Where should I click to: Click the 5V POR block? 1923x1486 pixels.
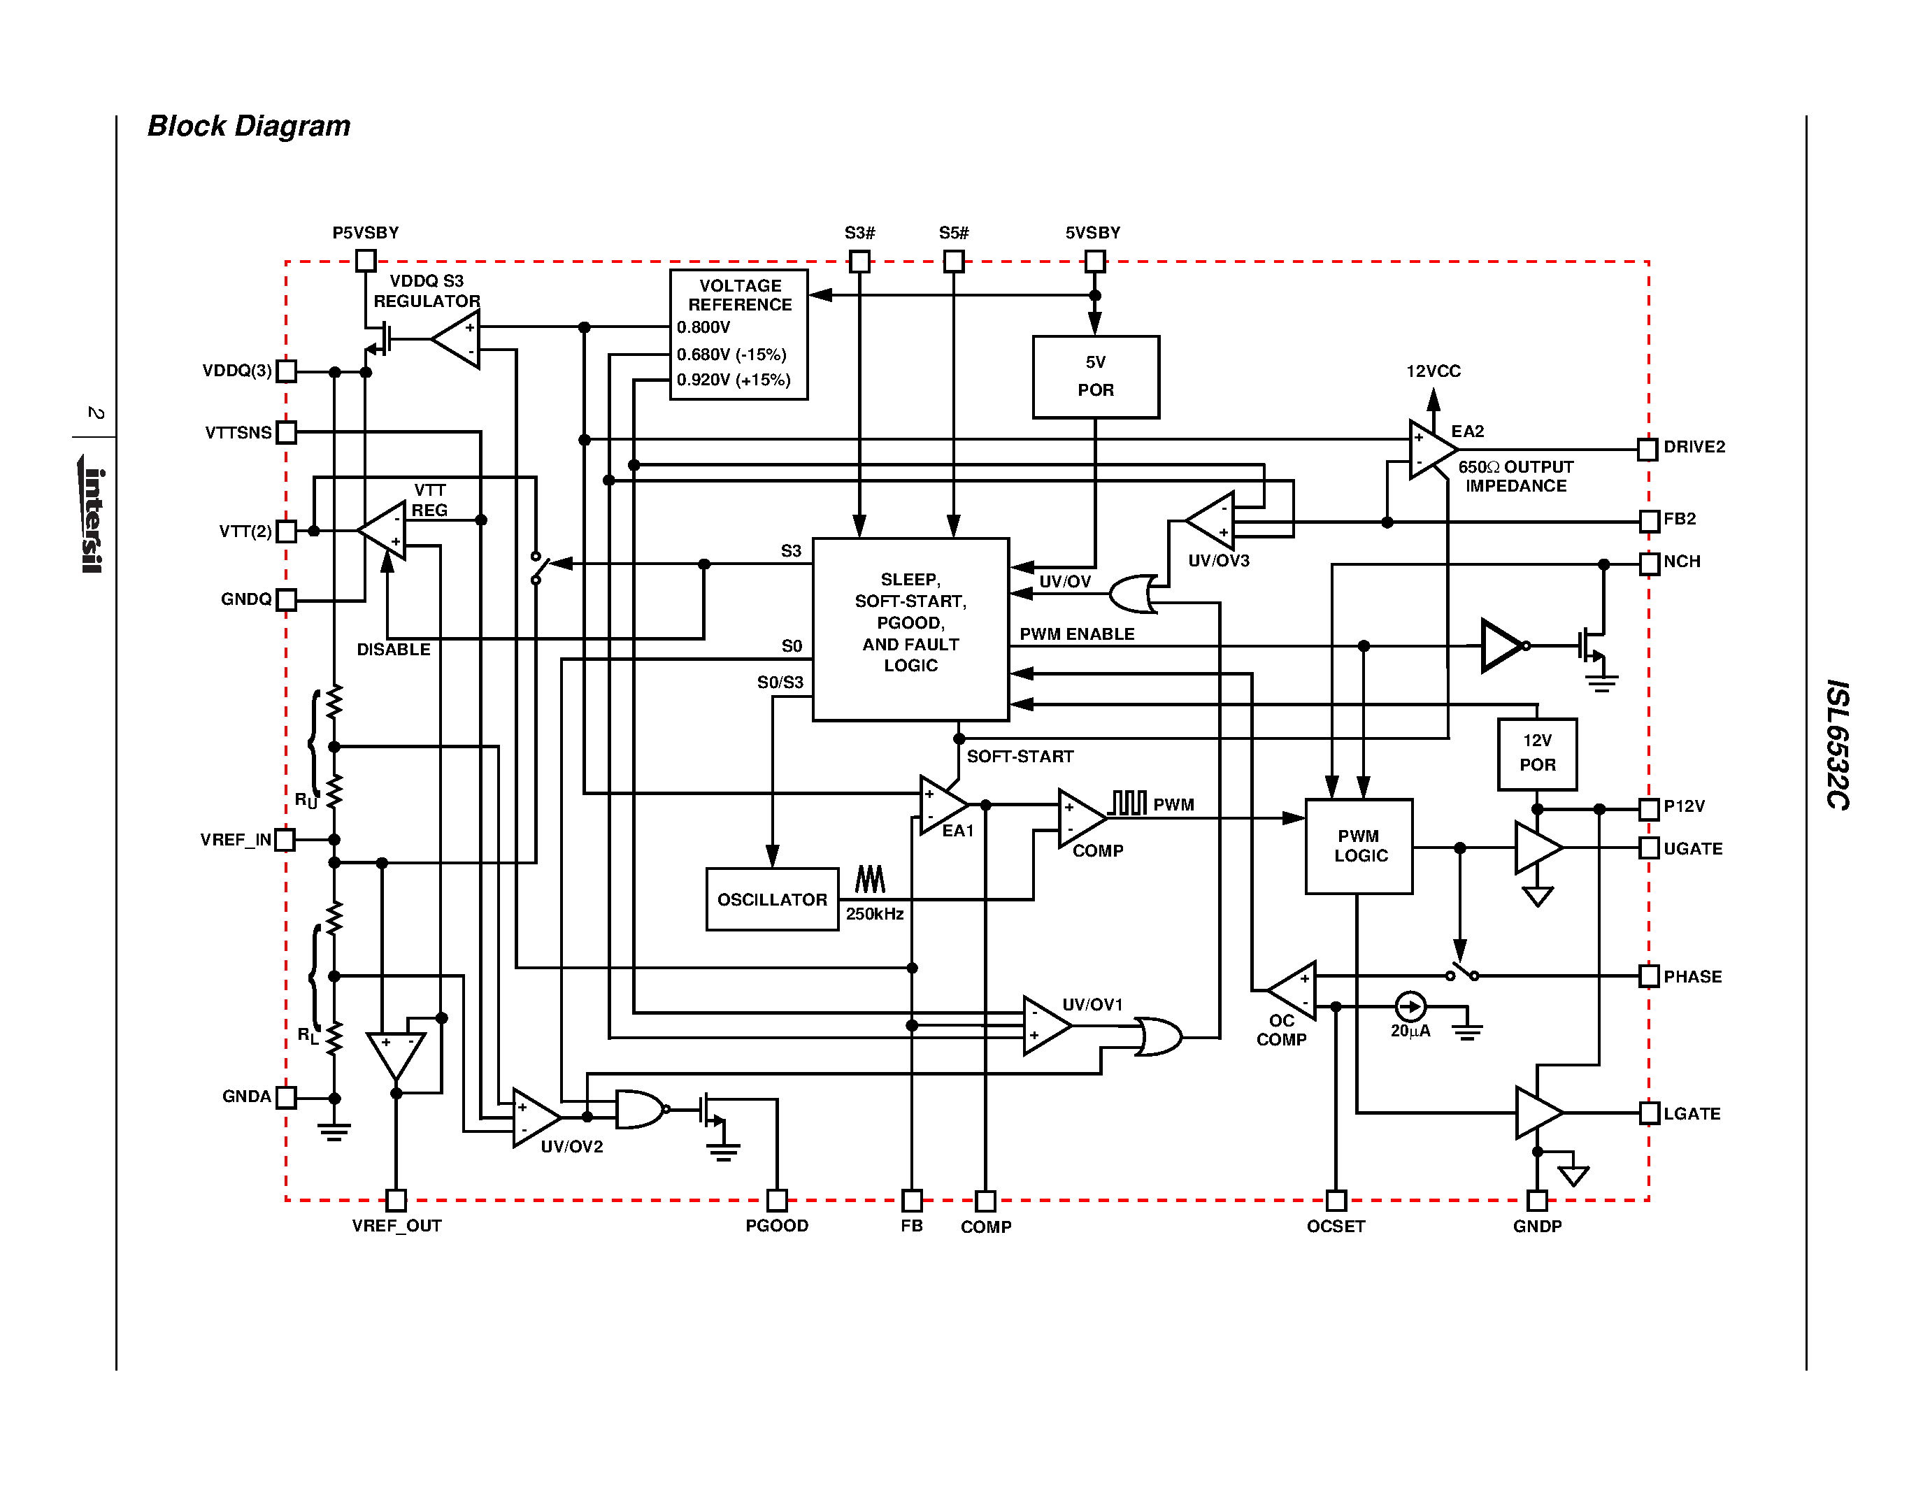pyautogui.click(x=1095, y=377)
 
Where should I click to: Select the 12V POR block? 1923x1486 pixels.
pyautogui.click(x=1536, y=754)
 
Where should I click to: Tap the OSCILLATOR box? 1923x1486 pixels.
pyautogui.click(x=771, y=899)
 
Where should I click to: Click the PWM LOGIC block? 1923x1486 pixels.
pyautogui.click(x=1359, y=846)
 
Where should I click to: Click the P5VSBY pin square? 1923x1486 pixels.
pyautogui.click(x=366, y=261)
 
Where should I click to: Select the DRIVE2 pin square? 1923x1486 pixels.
pyautogui.click(x=1647, y=449)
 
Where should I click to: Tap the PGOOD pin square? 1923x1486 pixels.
pyautogui.click(x=777, y=1200)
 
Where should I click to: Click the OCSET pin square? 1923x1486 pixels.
pyautogui.click(x=1336, y=1200)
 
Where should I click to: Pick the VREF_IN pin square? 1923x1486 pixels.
pyautogui.click(x=285, y=840)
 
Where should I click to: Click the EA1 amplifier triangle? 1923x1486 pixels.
pyautogui.click(x=941, y=805)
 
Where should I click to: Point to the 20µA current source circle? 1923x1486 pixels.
pyautogui.click(x=1410, y=1006)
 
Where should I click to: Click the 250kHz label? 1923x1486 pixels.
pyautogui.click(x=874, y=914)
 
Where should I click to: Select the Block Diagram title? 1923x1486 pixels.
pyautogui.click(x=248, y=126)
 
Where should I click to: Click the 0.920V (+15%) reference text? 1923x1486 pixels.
pyautogui.click(x=734, y=380)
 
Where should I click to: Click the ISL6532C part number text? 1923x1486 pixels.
pyautogui.click(x=1837, y=744)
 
